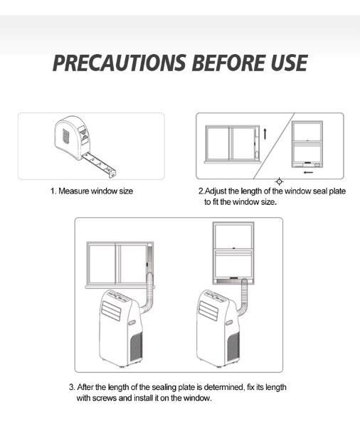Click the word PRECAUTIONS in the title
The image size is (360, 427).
(120, 63)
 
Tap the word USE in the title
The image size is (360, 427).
(289, 63)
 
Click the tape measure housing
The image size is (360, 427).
(72, 138)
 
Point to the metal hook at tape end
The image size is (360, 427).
(112, 173)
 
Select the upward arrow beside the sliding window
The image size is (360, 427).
(265, 134)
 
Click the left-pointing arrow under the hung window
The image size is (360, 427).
(309, 172)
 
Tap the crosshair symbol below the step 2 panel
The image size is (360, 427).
(279, 181)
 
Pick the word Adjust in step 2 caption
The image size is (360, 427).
(216, 191)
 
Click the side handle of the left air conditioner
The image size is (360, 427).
(132, 322)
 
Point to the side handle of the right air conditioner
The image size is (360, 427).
(229, 322)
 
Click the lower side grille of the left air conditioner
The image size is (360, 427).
(136, 347)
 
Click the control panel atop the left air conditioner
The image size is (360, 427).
(118, 295)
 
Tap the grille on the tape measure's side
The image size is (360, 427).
(66, 137)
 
